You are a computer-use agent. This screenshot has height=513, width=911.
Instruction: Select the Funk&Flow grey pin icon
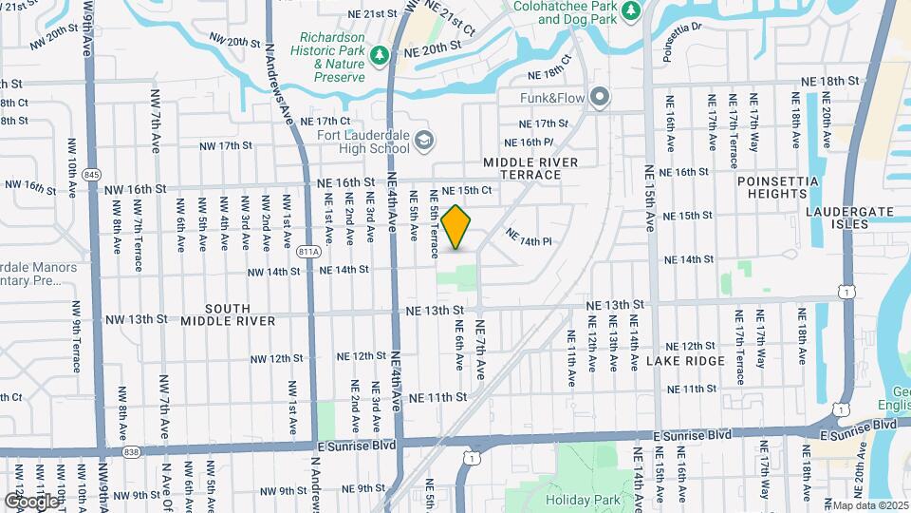[599, 97]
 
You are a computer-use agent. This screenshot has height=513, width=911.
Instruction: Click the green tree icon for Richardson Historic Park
[380, 56]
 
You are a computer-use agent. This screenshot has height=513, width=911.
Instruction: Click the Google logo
[30, 501]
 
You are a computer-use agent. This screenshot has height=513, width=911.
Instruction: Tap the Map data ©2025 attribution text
[870, 504]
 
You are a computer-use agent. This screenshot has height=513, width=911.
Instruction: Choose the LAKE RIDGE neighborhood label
[686, 361]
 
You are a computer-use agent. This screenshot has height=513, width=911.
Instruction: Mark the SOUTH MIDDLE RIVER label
[228, 314]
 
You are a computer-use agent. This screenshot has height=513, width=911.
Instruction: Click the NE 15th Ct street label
[466, 191]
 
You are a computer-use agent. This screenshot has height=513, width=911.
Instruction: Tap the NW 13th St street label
[136, 320]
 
